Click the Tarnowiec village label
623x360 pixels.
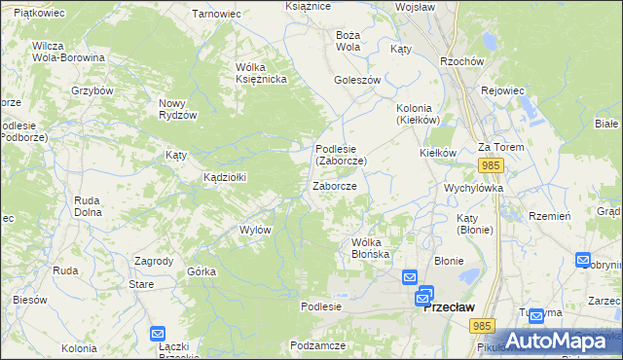(216, 14)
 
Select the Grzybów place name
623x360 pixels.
(92, 90)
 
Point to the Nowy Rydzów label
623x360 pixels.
(178, 108)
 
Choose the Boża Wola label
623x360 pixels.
(348, 40)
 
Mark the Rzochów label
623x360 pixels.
(462, 60)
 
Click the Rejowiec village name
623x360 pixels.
(502, 90)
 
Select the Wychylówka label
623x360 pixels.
(472, 187)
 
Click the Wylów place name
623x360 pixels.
(254, 230)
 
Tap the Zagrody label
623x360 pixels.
(154, 261)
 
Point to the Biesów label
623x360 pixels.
(30, 300)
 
